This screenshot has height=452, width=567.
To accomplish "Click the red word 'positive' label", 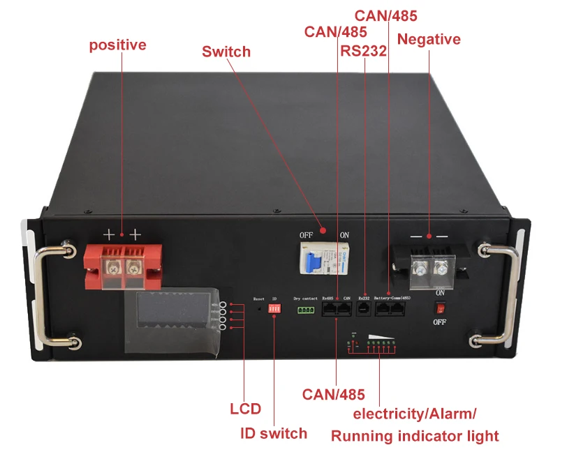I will (117, 45).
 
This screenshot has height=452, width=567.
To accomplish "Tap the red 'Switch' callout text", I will (226, 52).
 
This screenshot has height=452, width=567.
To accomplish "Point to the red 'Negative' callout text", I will (429, 39).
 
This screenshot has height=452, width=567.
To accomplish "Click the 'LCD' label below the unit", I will (245, 409).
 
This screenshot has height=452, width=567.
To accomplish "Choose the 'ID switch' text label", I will (273, 433).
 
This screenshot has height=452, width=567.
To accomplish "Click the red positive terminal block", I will (122, 267).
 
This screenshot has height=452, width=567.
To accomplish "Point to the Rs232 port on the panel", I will (363, 308).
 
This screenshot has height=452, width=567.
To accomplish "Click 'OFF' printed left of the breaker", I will (306, 235).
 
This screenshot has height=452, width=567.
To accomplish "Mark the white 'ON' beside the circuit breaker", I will (344, 235).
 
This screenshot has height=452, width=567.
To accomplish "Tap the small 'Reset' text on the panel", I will (258, 298).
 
